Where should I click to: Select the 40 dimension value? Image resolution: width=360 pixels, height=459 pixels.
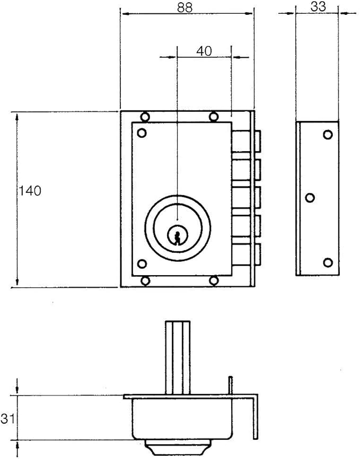pos(204,51)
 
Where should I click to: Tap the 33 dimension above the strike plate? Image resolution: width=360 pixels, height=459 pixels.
pos(317,6)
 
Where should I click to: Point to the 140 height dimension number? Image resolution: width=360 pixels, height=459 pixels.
pos(30,191)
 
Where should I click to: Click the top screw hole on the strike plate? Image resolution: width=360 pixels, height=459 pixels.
pos(328,135)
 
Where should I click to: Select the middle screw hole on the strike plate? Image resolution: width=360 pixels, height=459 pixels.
pos(310,198)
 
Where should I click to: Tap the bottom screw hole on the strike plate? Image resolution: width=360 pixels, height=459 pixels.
pos(328,262)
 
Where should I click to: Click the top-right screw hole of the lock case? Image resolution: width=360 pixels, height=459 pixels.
pos(214,117)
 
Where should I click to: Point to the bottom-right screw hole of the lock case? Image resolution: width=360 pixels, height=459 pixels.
pos(214,281)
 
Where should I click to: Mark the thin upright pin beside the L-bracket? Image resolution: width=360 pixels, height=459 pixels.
pos(231,385)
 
